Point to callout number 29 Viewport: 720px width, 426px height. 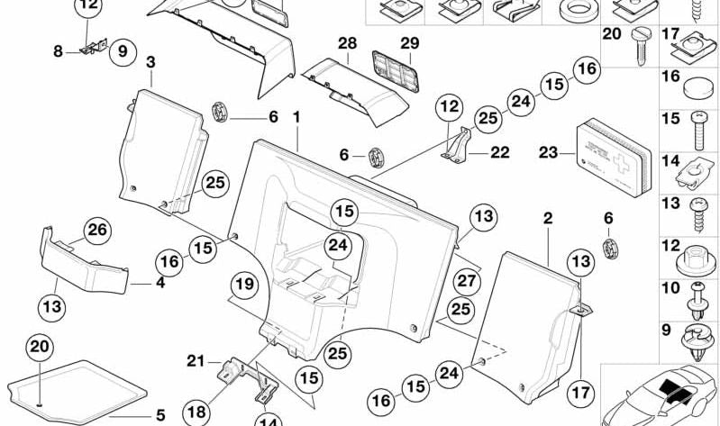click(x=410, y=43)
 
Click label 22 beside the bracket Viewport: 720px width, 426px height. click(x=500, y=153)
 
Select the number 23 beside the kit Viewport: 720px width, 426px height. click(x=548, y=153)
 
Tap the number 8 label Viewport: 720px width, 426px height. click(x=58, y=52)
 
